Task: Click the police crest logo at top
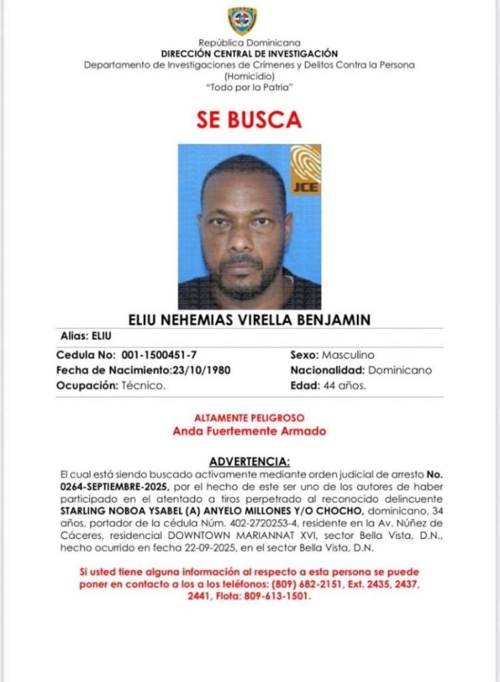click(x=242, y=21)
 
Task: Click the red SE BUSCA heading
click(x=249, y=120)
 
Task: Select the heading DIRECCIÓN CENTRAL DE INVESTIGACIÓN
click(x=249, y=53)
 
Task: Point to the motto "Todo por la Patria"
click(x=249, y=87)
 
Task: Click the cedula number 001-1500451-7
click(x=158, y=355)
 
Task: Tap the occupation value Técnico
click(x=144, y=385)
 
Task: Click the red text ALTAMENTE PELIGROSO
click(x=249, y=418)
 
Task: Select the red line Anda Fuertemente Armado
click(x=249, y=431)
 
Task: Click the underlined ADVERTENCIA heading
click(x=249, y=461)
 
